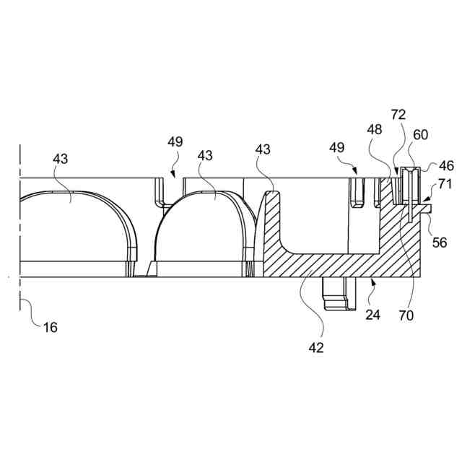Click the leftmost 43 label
click(x=60, y=159)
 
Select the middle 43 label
click(x=205, y=155)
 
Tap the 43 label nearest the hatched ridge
click(x=263, y=149)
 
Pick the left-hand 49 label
click(x=175, y=142)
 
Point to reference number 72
click(x=398, y=114)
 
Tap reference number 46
click(x=447, y=166)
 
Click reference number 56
click(x=440, y=243)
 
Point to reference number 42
click(x=316, y=347)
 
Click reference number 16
click(x=50, y=327)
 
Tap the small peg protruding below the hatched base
click(x=338, y=295)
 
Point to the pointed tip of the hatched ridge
click(x=271, y=191)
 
